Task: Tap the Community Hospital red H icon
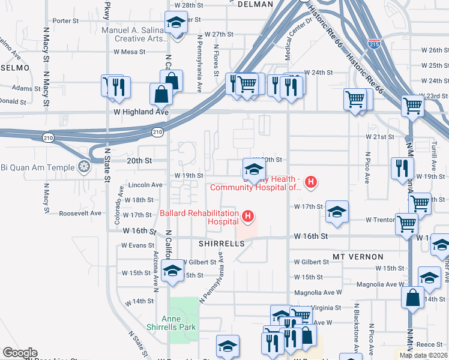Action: point(310,182)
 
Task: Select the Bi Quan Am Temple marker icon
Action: point(84,166)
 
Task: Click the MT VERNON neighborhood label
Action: point(354,257)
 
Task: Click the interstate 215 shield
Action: point(375,44)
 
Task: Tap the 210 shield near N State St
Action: point(47,137)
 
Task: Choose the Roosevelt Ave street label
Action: point(80,213)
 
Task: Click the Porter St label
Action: point(65,20)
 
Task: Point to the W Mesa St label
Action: point(130,52)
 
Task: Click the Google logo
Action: point(20,353)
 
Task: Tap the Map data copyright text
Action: point(423,355)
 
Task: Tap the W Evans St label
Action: point(137,245)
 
